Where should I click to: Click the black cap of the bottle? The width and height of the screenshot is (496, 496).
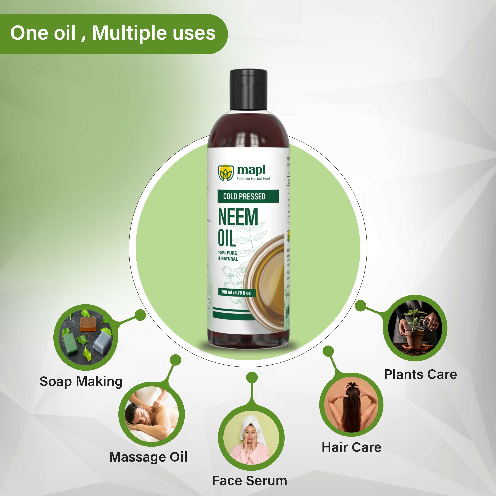[x=248, y=90]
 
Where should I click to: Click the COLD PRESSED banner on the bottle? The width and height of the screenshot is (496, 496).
[x=244, y=196]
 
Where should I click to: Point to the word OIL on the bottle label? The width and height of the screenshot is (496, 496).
[x=226, y=238]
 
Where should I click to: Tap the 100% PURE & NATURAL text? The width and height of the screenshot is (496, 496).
[x=228, y=256]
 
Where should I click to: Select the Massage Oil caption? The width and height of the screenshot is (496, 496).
[x=148, y=457]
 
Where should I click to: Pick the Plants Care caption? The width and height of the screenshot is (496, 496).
[x=420, y=374]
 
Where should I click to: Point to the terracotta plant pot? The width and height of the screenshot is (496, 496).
[x=414, y=338]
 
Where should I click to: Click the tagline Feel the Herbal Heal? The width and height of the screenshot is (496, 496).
[x=253, y=178]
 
